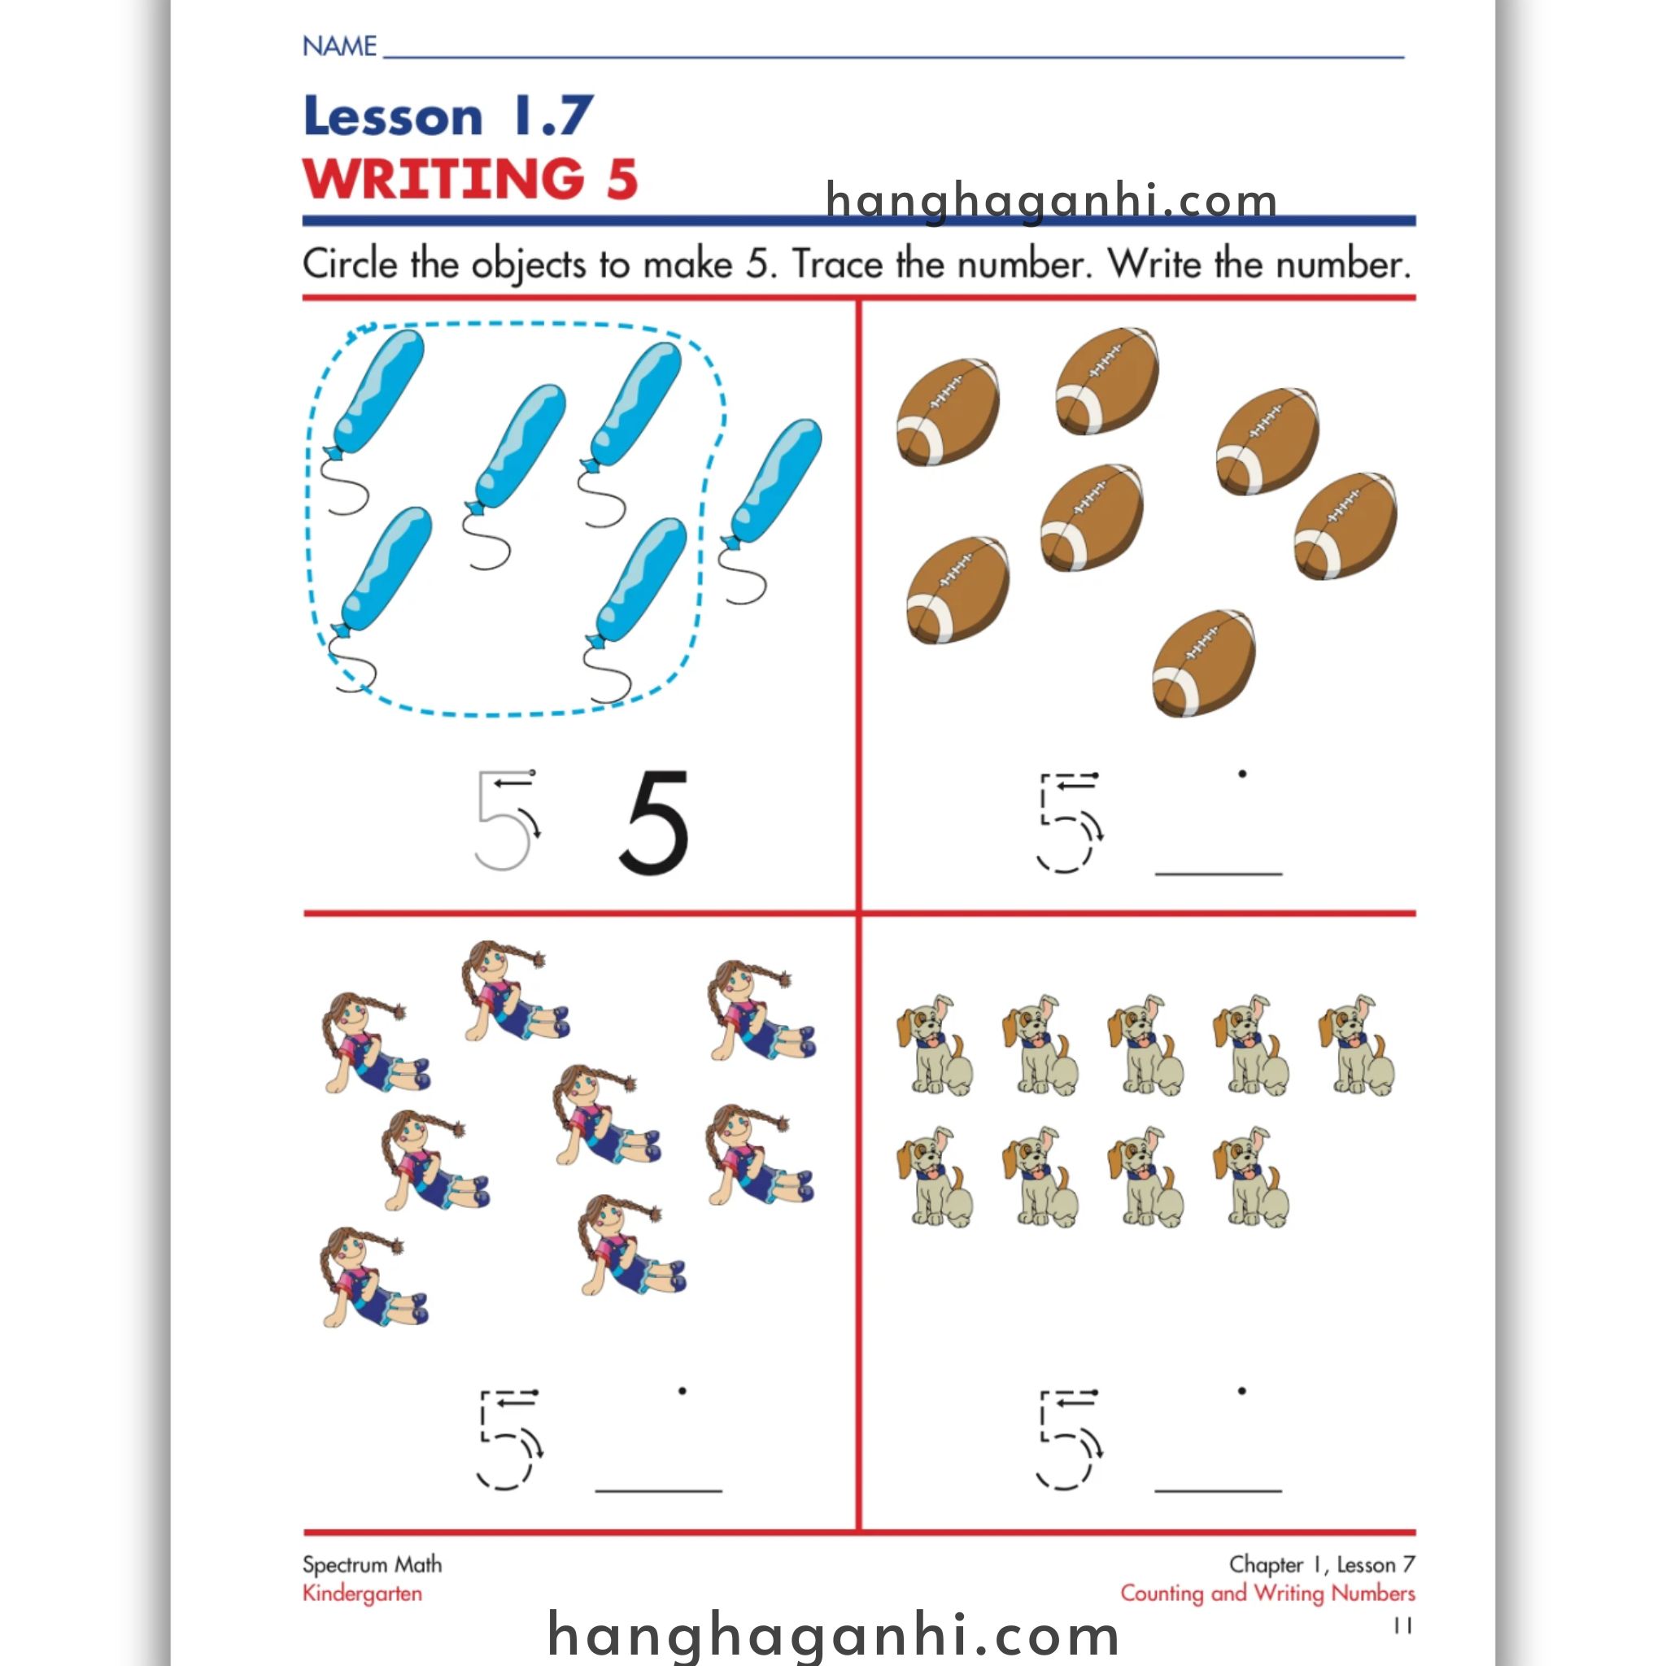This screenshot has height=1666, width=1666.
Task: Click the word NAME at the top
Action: [x=340, y=46]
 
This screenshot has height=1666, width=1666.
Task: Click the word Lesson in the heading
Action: [x=393, y=116]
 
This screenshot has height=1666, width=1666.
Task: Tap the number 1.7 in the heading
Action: [x=552, y=116]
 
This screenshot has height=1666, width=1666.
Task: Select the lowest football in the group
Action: [x=1204, y=662]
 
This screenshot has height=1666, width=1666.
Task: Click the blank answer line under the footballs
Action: [x=1219, y=874]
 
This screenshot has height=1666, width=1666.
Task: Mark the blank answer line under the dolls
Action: [x=658, y=1489]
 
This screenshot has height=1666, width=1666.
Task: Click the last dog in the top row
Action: [x=1355, y=1045]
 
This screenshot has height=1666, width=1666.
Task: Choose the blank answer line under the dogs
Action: [x=1219, y=1489]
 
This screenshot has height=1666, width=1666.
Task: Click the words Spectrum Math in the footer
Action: [x=373, y=1565]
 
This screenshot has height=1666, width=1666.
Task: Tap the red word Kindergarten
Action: [x=362, y=1594]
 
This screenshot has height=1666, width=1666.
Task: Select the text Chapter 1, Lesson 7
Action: [x=1322, y=1564]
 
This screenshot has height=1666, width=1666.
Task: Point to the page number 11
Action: [x=1404, y=1625]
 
